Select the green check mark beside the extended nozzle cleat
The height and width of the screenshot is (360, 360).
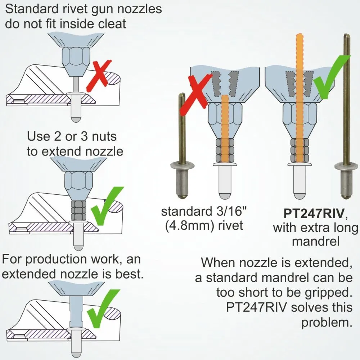coord(103,309)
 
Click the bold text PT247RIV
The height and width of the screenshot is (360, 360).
coord(314,213)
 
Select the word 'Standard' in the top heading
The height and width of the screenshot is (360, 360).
coord(31,9)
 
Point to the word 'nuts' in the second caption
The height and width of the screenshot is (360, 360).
coord(104,136)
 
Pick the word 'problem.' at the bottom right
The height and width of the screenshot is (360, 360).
coord(327,323)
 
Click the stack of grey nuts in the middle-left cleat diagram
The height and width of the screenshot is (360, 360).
coord(78,211)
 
